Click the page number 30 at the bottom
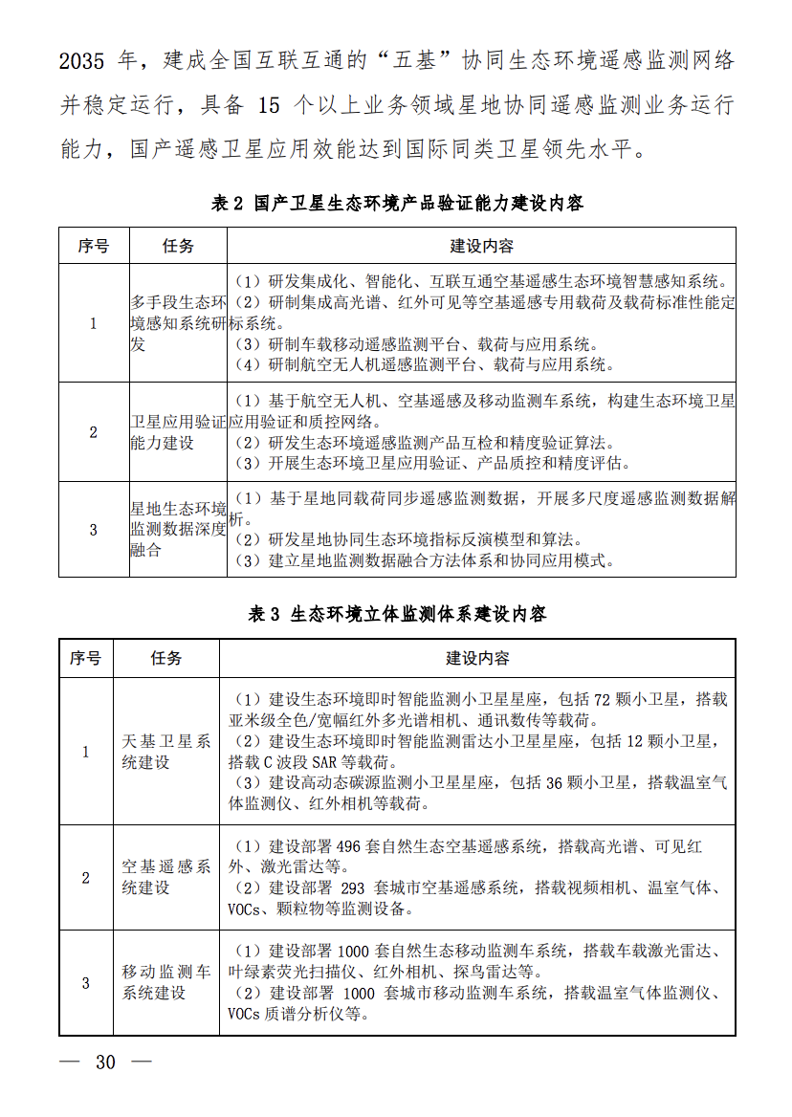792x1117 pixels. tap(105, 1062)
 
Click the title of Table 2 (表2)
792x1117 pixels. tap(397, 204)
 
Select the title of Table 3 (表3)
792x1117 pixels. tap(397, 614)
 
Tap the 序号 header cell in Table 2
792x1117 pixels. tap(94, 246)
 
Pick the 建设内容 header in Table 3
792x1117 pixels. tap(477, 658)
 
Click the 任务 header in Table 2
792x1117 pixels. tap(178, 246)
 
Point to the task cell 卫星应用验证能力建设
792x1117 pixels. tap(178, 432)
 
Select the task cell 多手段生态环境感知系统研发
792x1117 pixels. tap(178, 323)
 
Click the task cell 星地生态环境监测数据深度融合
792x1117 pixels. tap(178, 529)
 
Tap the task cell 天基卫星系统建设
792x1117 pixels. tap(166, 752)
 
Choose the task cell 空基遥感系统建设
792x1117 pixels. tap(166, 877)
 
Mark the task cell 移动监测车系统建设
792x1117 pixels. tap(166, 982)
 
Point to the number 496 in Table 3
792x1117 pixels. tap(349, 847)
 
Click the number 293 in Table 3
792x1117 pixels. tap(354, 887)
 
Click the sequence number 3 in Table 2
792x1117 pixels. tap(94, 529)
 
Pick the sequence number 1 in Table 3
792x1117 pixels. tap(86, 752)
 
